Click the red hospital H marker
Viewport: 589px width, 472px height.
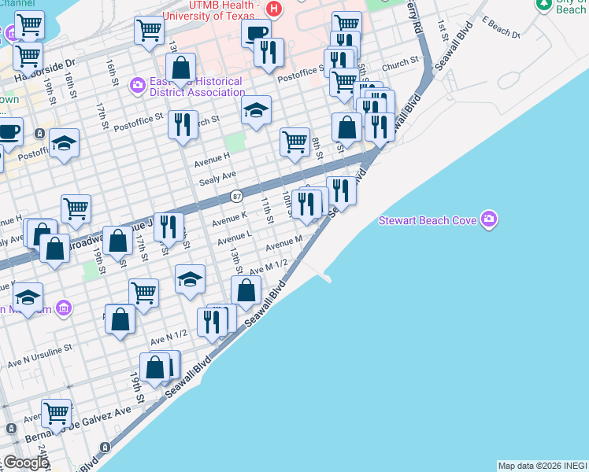pos(273,10)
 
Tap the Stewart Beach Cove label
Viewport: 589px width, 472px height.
pos(428,220)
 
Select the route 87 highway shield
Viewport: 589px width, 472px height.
pos(237,195)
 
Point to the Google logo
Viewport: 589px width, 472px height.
pos(25,463)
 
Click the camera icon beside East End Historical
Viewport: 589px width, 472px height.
pos(138,83)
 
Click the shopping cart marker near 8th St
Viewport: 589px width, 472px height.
pos(294,142)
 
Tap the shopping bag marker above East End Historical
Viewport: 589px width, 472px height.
pos(181,67)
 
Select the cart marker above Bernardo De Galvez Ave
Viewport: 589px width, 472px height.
pos(56,412)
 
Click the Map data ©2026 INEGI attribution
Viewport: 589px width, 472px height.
pos(542,466)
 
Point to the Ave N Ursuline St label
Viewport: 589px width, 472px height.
pos(39,356)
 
